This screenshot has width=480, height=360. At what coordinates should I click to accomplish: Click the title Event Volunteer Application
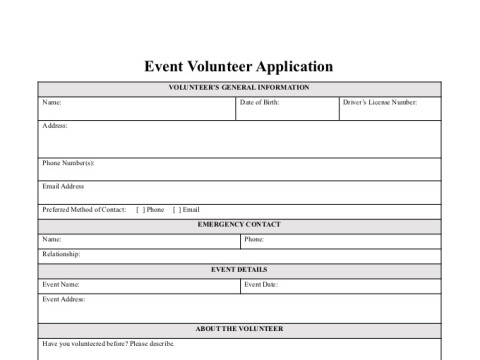(x=238, y=67)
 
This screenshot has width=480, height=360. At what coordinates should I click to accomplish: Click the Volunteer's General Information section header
(x=238, y=88)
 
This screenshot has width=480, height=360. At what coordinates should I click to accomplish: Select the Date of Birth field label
(x=259, y=103)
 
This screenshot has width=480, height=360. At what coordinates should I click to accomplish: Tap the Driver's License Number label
(x=379, y=103)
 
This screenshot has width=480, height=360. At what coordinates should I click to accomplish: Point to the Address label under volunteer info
(x=55, y=126)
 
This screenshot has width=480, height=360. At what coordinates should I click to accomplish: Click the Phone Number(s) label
(x=68, y=163)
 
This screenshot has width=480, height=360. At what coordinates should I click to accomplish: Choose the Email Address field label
(x=63, y=186)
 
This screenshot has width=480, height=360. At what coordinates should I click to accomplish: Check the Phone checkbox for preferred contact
(x=140, y=210)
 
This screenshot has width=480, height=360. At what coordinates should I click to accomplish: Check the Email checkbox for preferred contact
(x=177, y=210)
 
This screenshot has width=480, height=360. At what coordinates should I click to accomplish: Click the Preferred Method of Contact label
(x=84, y=210)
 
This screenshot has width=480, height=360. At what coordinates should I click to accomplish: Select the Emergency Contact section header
(x=239, y=225)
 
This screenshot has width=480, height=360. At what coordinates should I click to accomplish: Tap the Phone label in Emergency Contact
(x=254, y=240)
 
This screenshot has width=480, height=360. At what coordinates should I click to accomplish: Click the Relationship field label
(x=62, y=255)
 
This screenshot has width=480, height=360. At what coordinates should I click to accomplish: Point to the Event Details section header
(x=239, y=270)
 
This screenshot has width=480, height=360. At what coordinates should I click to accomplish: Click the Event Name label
(x=61, y=285)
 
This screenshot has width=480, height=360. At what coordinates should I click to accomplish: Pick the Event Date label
(x=261, y=285)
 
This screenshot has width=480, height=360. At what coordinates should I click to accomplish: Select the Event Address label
(x=64, y=299)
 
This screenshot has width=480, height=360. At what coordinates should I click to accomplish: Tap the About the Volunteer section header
(x=239, y=329)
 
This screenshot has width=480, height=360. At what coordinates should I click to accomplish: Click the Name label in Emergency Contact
(x=52, y=240)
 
